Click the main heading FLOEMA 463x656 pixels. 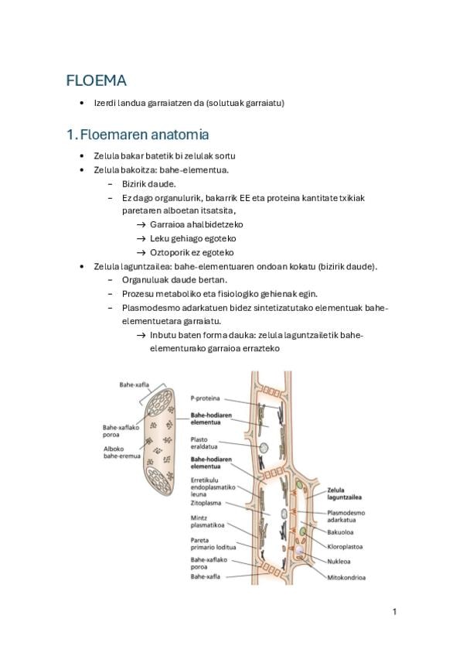[96, 80]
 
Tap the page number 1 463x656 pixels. [394, 612]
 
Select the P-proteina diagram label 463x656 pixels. [205, 398]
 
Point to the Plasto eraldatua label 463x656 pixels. [204, 443]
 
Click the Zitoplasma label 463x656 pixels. [206, 503]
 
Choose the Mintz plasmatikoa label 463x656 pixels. [207, 521]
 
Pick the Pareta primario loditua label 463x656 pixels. [213, 544]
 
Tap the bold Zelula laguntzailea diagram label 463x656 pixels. [344, 494]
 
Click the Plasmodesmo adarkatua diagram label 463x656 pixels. [346, 516]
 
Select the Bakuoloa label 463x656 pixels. [340, 532]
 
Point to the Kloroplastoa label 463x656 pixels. [345, 547]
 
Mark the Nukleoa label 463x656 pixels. [339, 562]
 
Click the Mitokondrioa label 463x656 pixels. [346, 578]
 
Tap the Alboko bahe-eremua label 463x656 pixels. [121, 453]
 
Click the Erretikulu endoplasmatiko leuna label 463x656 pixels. [213, 487]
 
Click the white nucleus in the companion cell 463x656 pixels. [299, 551]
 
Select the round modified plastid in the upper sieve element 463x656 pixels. [264, 448]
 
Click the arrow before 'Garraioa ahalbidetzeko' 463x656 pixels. [141, 224]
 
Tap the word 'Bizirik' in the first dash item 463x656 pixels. [134, 183]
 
